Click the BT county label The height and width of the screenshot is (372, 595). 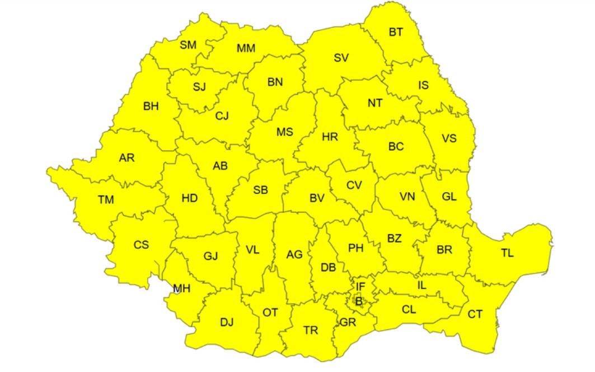pyautogui.click(x=396, y=32)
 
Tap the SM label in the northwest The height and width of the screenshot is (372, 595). pyautogui.click(x=188, y=45)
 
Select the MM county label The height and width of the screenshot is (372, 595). pyautogui.click(x=246, y=48)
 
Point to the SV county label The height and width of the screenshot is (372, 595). pyautogui.click(x=341, y=57)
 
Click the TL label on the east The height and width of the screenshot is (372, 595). pyautogui.click(x=507, y=253)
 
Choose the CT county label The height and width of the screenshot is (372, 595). pyautogui.click(x=475, y=314)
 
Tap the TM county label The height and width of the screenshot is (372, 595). pyautogui.click(x=105, y=199)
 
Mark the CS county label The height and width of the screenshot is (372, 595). pyautogui.click(x=141, y=245)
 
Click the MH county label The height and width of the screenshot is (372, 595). pyautogui.click(x=181, y=289)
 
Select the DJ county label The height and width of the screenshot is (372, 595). pyautogui.click(x=226, y=322)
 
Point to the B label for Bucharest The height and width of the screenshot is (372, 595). pyautogui.click(x=359, y=301)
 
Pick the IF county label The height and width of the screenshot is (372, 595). pyautogui.click(x=360, y=287)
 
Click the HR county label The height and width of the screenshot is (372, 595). pyautogui.click(x=330, y=137)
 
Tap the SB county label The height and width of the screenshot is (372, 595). pyautogui.click(x=260, y=190)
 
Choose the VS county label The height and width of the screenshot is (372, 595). pyautogui.click(x=449, y=138)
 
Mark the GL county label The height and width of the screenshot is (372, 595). pyautogui.click(x=449, y=197)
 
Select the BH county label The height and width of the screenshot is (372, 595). pyautogui.click(x=151, y=106)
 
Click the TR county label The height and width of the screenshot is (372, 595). pyautogui.click(x=311, y=330)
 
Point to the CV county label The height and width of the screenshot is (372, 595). pyautogui.click(x=354, y=185)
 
